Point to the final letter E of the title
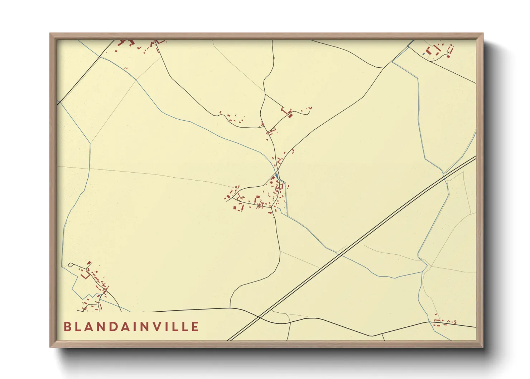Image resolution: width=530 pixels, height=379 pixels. [195, 327]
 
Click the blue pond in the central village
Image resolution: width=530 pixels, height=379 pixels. [277, 176]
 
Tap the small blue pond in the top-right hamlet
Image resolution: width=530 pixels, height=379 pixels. [424, 54]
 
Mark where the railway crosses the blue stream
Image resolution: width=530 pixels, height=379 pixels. [338, 255]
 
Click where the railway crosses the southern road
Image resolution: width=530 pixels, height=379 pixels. [259, 317]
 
